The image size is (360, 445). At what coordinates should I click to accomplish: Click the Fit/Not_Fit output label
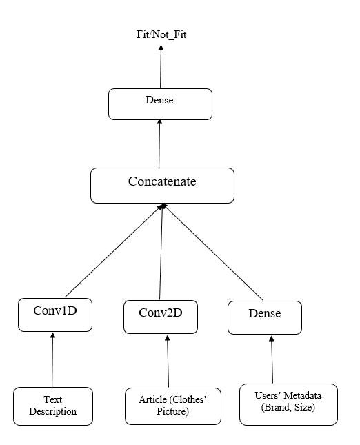tap(161, 33)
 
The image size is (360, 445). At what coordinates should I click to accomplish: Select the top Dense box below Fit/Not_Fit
tap(160, 103)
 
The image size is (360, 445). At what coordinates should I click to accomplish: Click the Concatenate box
tap(162, 184)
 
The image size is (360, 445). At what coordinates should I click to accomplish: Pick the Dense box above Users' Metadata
tap(264, 316)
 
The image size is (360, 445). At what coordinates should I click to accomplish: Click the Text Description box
tap(52, 406)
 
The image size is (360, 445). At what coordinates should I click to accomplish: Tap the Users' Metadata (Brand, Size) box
tap(288, 403)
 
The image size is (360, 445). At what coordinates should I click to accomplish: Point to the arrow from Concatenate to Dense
tap(159, 144)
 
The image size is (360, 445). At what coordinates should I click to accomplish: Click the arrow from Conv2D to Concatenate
tap(161, 252)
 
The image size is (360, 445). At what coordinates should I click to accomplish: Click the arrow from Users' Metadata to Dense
tap(272, 359)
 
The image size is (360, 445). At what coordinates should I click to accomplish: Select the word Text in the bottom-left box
tap(52, 399)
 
